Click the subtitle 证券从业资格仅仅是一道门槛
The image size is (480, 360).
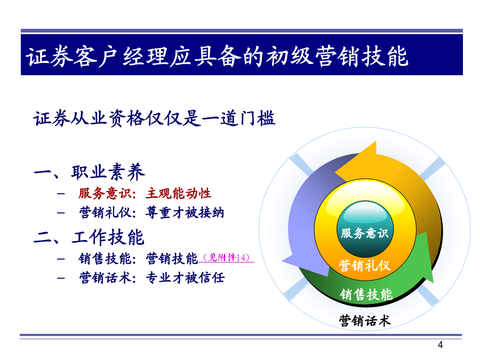(x=154, y=118)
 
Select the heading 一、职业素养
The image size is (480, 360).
(x=89, y=172)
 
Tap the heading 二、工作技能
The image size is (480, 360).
(x=89, y=237)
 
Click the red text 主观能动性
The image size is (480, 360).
(x=179, y=194)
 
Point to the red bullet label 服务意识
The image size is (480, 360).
(x=105, y=194)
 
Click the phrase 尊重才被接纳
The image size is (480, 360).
(x=185, y=212)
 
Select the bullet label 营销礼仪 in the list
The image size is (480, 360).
(x=105, y=212)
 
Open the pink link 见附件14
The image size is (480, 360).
(x=227, y=258)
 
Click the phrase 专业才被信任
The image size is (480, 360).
(x=185, y=278)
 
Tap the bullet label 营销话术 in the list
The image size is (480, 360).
(x=105, y=278)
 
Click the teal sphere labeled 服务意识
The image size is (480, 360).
(x=365, y=229)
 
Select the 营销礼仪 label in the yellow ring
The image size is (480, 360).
(x=365, y=266)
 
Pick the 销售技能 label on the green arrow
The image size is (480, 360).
(x=366, y=294)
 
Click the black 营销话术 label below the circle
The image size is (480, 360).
(x=365, y=321)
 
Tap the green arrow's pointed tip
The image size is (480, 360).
(x=433, y=282)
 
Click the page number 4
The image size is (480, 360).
(x=440, y=345)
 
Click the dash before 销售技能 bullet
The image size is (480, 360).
(x=61, y=259)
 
